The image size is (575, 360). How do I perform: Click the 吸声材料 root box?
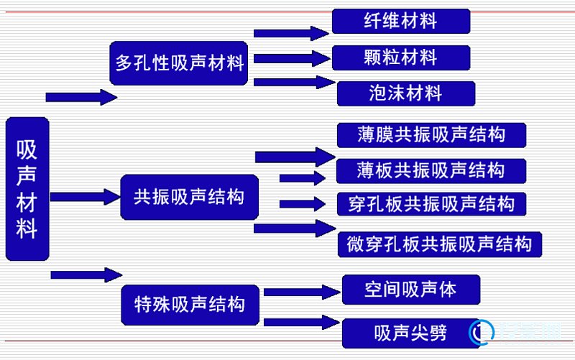(x=27, y=189)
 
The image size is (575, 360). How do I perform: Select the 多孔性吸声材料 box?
(x=178, y=63)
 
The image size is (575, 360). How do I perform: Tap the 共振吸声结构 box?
(x=189, y=197)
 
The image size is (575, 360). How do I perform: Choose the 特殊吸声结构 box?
(x=190, y=305)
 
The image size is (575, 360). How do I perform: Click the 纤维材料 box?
(x=401, y=21)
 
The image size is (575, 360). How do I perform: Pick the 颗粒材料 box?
(x=401, y=57)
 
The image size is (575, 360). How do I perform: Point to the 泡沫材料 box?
(x=406, y=93)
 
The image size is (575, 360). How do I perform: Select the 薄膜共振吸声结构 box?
(x=431, y=135)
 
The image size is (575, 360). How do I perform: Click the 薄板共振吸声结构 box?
(x=431, y=171)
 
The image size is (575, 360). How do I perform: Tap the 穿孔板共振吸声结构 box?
(x=431, y=204)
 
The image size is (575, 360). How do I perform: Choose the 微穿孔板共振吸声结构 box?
(x=440, y=244)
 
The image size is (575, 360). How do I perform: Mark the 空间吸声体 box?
(x=411, y=290)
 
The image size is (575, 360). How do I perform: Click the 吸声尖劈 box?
(x=411, y=333)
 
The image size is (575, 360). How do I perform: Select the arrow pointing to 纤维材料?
(x=291, y=33)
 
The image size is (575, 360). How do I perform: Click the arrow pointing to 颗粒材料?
(x=292, y=59)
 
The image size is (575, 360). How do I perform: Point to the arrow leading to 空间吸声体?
(x=302, y=292)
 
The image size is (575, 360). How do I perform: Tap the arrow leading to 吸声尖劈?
(x=302, y=322)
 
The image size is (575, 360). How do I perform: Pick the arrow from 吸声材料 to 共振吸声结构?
(x=85, y=197)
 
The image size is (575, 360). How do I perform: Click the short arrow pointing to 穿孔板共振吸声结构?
(x=303, y=204)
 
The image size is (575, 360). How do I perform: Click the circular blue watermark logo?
(x=482, y=332)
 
